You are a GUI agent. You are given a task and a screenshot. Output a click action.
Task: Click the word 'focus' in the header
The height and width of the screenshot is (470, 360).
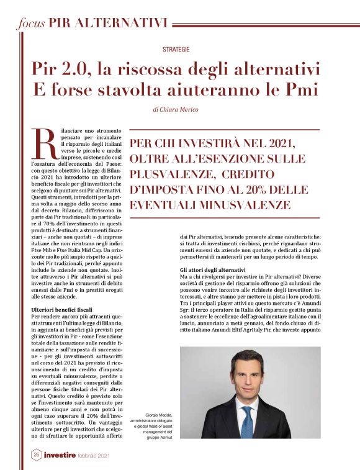coord(30,23)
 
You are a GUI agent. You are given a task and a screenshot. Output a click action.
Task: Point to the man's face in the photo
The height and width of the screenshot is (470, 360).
coord(246,376)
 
